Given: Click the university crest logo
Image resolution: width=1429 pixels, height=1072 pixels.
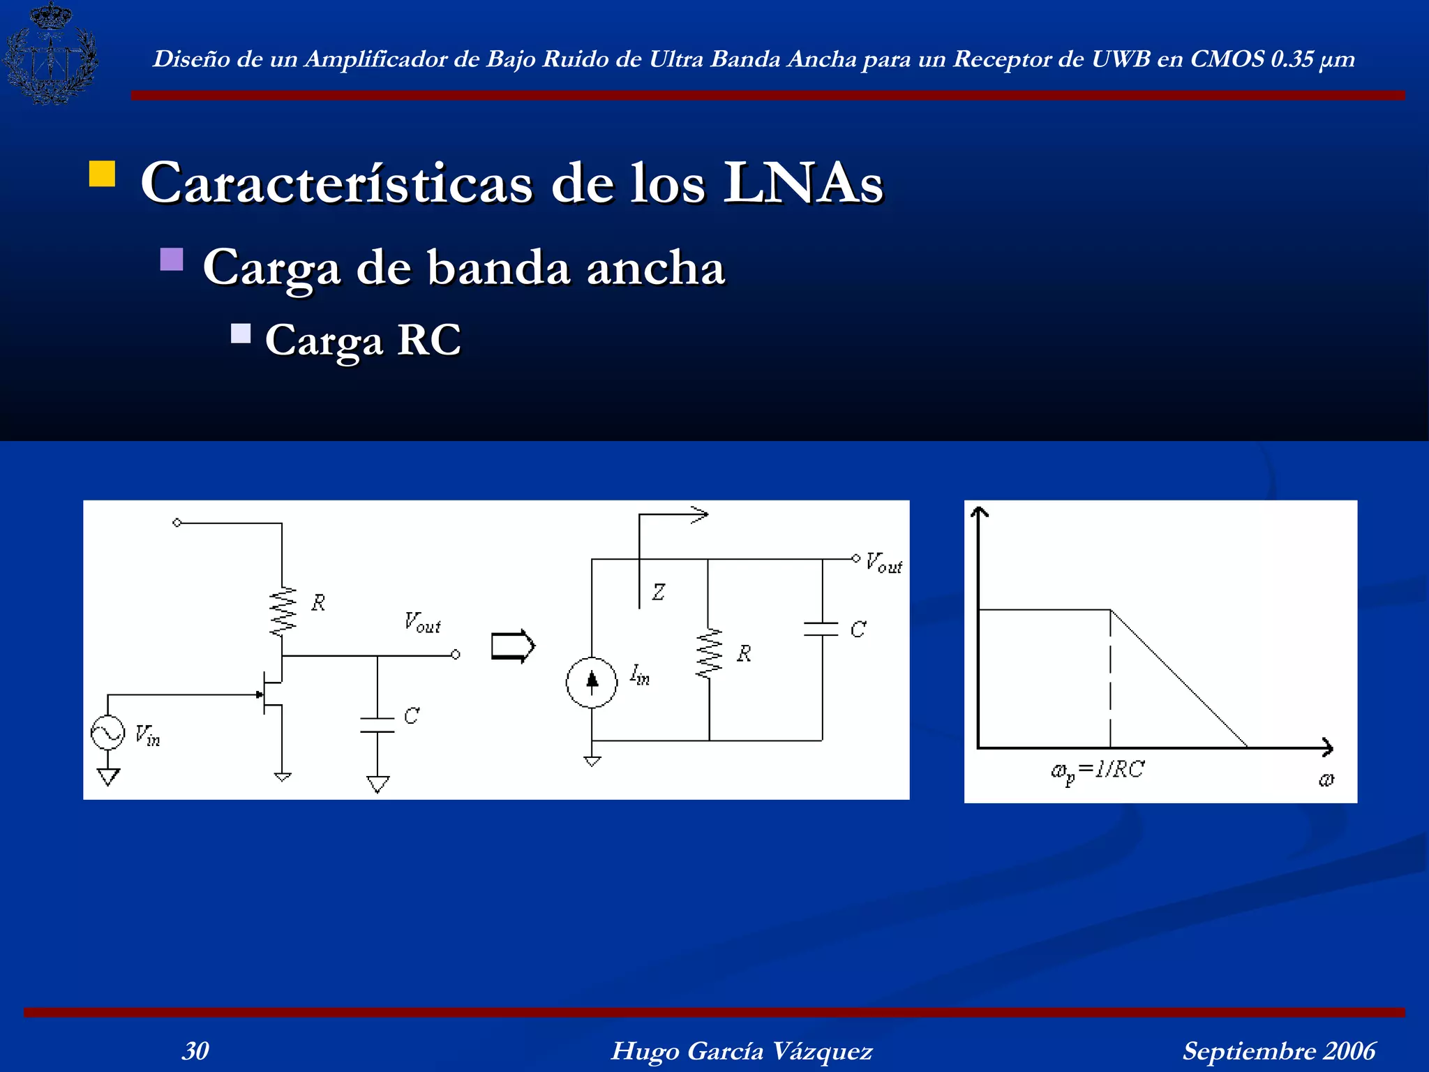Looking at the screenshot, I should click(50, 54).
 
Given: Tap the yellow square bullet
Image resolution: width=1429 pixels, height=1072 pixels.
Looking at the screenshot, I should click(102, 174).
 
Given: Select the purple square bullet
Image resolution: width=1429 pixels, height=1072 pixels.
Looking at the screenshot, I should click(172, 260).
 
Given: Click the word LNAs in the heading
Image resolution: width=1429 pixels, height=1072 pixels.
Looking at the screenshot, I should click(803, 183).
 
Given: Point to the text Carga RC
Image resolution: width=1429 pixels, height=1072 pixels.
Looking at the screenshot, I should click(363, 340).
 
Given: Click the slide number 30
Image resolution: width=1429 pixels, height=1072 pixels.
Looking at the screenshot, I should click(195, 1050).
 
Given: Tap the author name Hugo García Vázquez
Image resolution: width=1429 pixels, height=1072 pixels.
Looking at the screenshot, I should click(742, 1050).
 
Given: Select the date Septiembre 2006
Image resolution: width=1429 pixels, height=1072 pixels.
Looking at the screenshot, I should click(1279, 1050).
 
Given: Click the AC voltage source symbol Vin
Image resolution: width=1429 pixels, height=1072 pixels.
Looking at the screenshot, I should click(108, 733).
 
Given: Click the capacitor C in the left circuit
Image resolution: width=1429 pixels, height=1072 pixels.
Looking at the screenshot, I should click(377, 725).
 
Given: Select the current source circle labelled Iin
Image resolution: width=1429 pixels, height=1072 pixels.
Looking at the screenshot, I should click(592, 682).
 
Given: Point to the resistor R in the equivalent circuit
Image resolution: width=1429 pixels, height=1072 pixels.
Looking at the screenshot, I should click(709, 654).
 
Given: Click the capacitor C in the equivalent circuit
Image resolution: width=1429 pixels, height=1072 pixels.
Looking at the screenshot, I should click(821, 629).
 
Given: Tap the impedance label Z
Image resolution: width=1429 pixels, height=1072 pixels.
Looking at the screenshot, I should click(658, 593).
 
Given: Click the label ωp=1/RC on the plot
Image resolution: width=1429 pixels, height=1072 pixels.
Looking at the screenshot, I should click(1098, 770).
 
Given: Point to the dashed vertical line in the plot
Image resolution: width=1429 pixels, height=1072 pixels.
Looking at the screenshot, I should click(1110, 677).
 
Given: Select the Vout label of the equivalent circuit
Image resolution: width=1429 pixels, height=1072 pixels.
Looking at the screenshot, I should click(884, 563).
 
